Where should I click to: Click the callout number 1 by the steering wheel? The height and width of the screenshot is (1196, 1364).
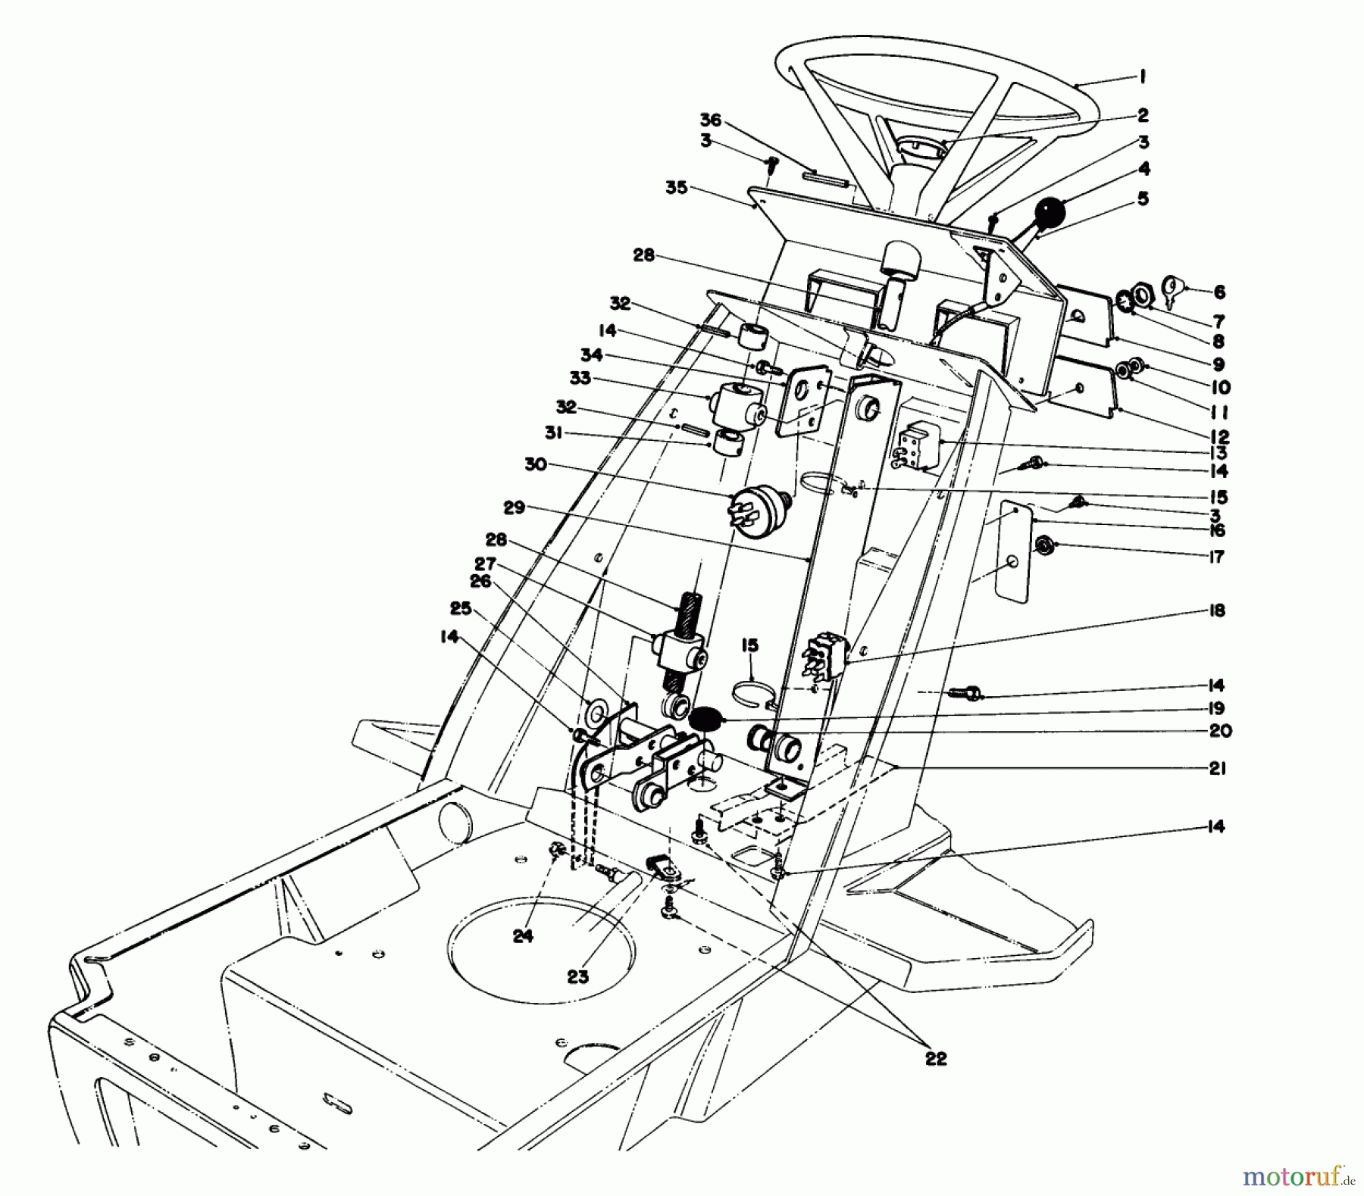click(x=1142, y=77)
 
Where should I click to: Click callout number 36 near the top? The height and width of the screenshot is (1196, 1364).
click(x=710, y=121)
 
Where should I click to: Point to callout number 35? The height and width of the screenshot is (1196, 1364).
click(x=676, y=187)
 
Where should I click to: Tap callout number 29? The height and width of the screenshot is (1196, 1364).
click(x=514, y=507)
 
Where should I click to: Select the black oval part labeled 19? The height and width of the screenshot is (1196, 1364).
click(x=706, y=716)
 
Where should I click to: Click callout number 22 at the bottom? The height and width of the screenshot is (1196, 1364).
click(x=936, y=1058)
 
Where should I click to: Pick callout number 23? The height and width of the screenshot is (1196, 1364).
click(x=577, y=976)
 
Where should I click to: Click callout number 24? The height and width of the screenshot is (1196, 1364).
click(x=523, y=935)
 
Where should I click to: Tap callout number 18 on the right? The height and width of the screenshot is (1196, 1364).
click(x=1217, y=610)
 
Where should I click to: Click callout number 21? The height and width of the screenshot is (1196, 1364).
click(x=1217, y=768)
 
